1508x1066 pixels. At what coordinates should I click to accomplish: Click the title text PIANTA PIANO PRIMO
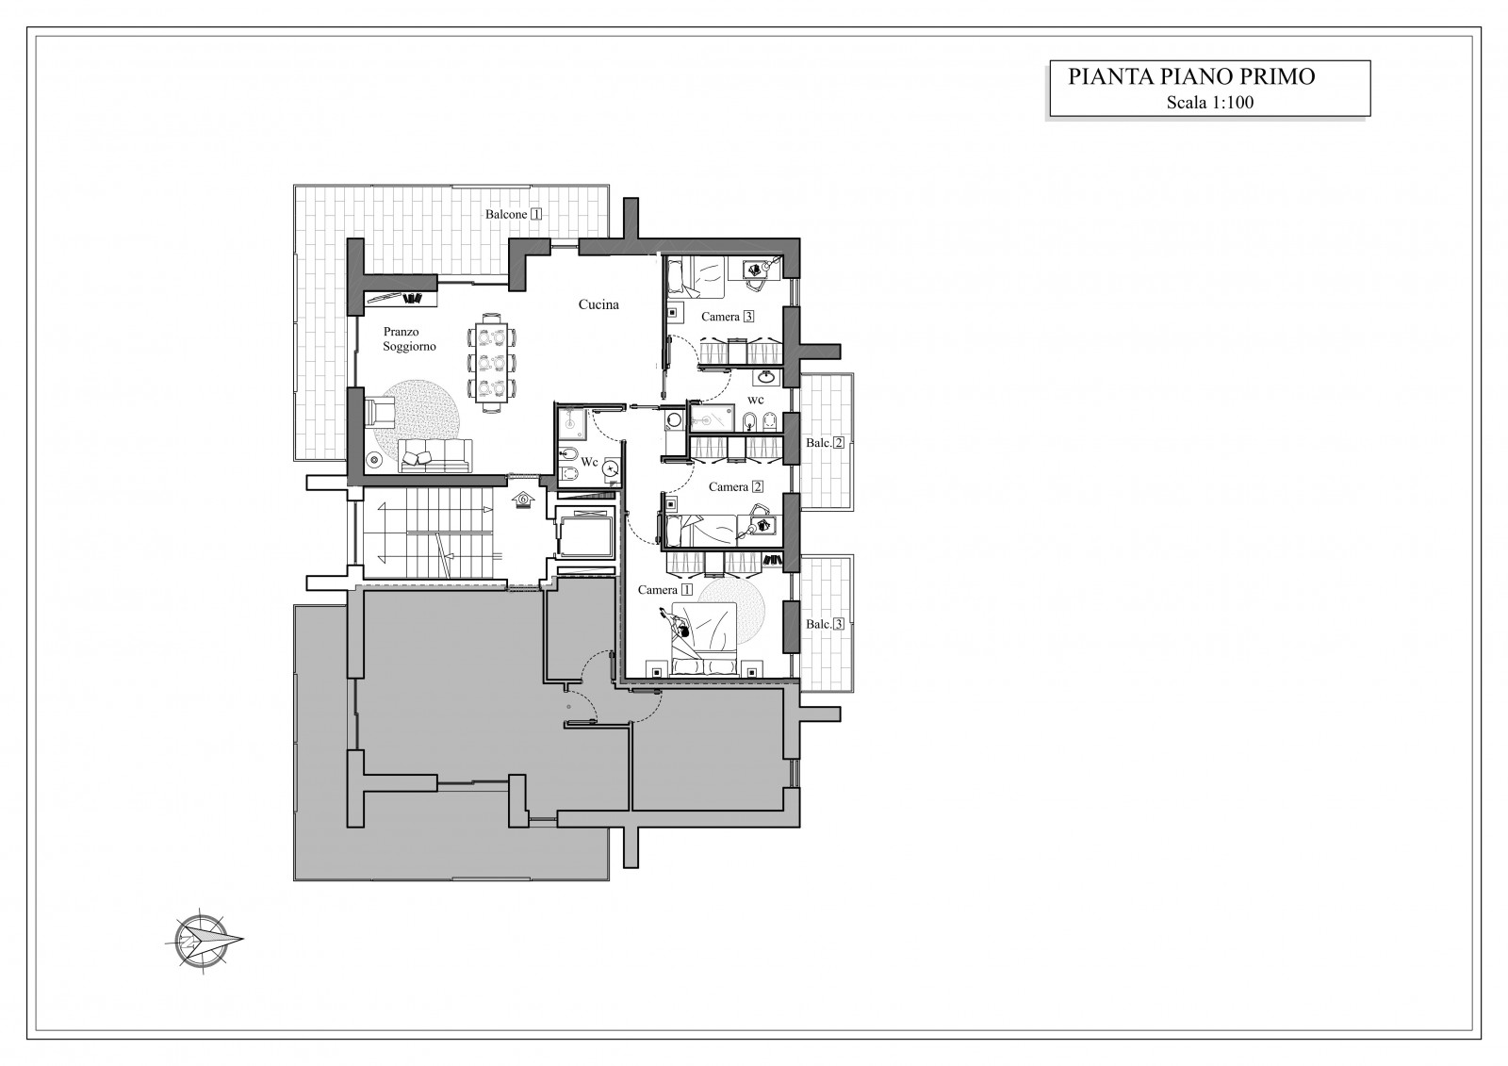click(1191, 76)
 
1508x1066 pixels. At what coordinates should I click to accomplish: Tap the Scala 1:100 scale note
click(1210, 103)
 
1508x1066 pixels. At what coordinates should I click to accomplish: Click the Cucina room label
click(598, 304)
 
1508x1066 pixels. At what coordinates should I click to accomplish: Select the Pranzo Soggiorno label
click(409, 338)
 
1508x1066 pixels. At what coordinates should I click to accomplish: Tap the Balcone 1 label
click(514, 214)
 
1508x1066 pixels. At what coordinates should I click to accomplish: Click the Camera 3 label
click(727, 317)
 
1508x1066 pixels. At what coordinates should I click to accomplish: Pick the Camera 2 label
click(736, 487)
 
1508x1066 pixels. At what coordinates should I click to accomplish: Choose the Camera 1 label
click(665, 590)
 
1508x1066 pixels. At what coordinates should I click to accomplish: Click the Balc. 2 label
click(825, 443)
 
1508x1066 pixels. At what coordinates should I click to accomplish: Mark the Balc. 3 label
click(825, 624)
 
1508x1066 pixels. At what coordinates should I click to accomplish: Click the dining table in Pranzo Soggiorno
click(492, 363)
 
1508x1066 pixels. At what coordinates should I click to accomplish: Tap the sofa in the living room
click(434, 456)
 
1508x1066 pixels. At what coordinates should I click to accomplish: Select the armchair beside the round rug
click(379, 412)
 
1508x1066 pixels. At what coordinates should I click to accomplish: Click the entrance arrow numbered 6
click(523, 499)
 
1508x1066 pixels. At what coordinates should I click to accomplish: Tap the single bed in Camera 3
click(695, 277)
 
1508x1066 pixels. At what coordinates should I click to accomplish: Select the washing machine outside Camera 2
click(673, 421)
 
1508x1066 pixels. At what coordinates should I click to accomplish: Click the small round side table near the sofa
click(373, 459)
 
